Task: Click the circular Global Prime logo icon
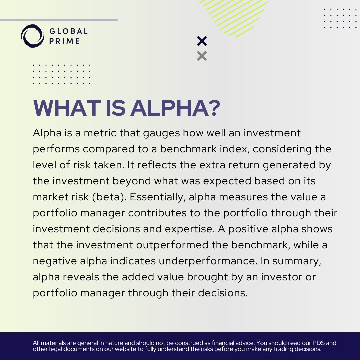[x=32, y=36]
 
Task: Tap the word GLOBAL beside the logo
[x=69, y=31]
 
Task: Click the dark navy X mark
[x=202, y=41]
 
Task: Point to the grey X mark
[x=202, y=56]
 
